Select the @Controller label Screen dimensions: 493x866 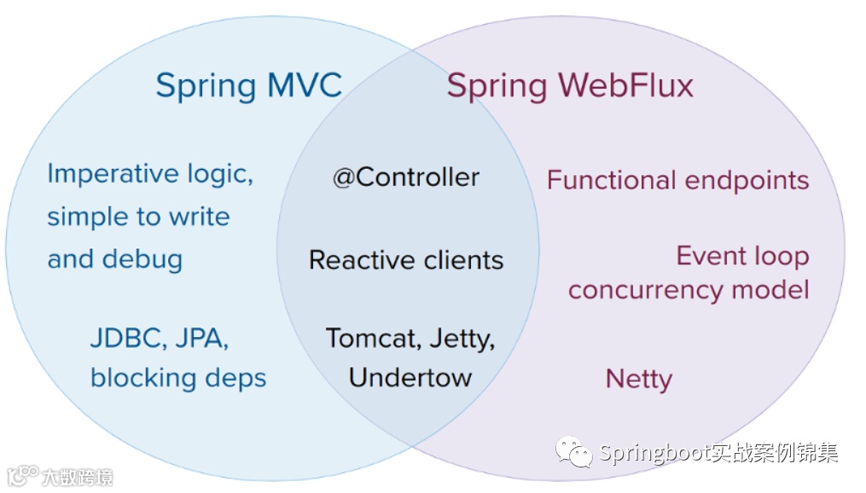click(x=406, y=177)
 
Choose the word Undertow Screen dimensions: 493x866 click(x=410, y=378)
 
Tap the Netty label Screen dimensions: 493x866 click(x=638, y=380)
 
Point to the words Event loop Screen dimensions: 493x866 click(x=742, y=256)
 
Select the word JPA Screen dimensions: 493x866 click(x=201, y=339)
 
